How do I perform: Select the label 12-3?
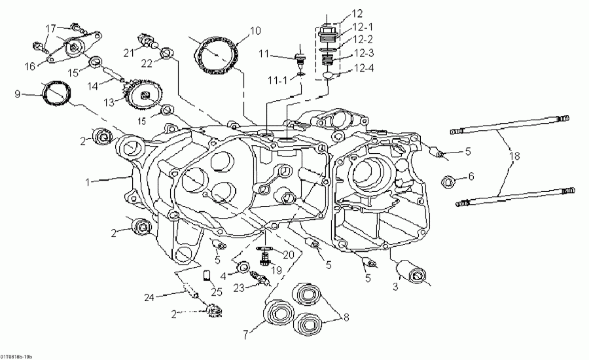[x=364, y=53]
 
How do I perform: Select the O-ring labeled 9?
[x=56, y=94]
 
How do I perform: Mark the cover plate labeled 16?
[x=69, y=48]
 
